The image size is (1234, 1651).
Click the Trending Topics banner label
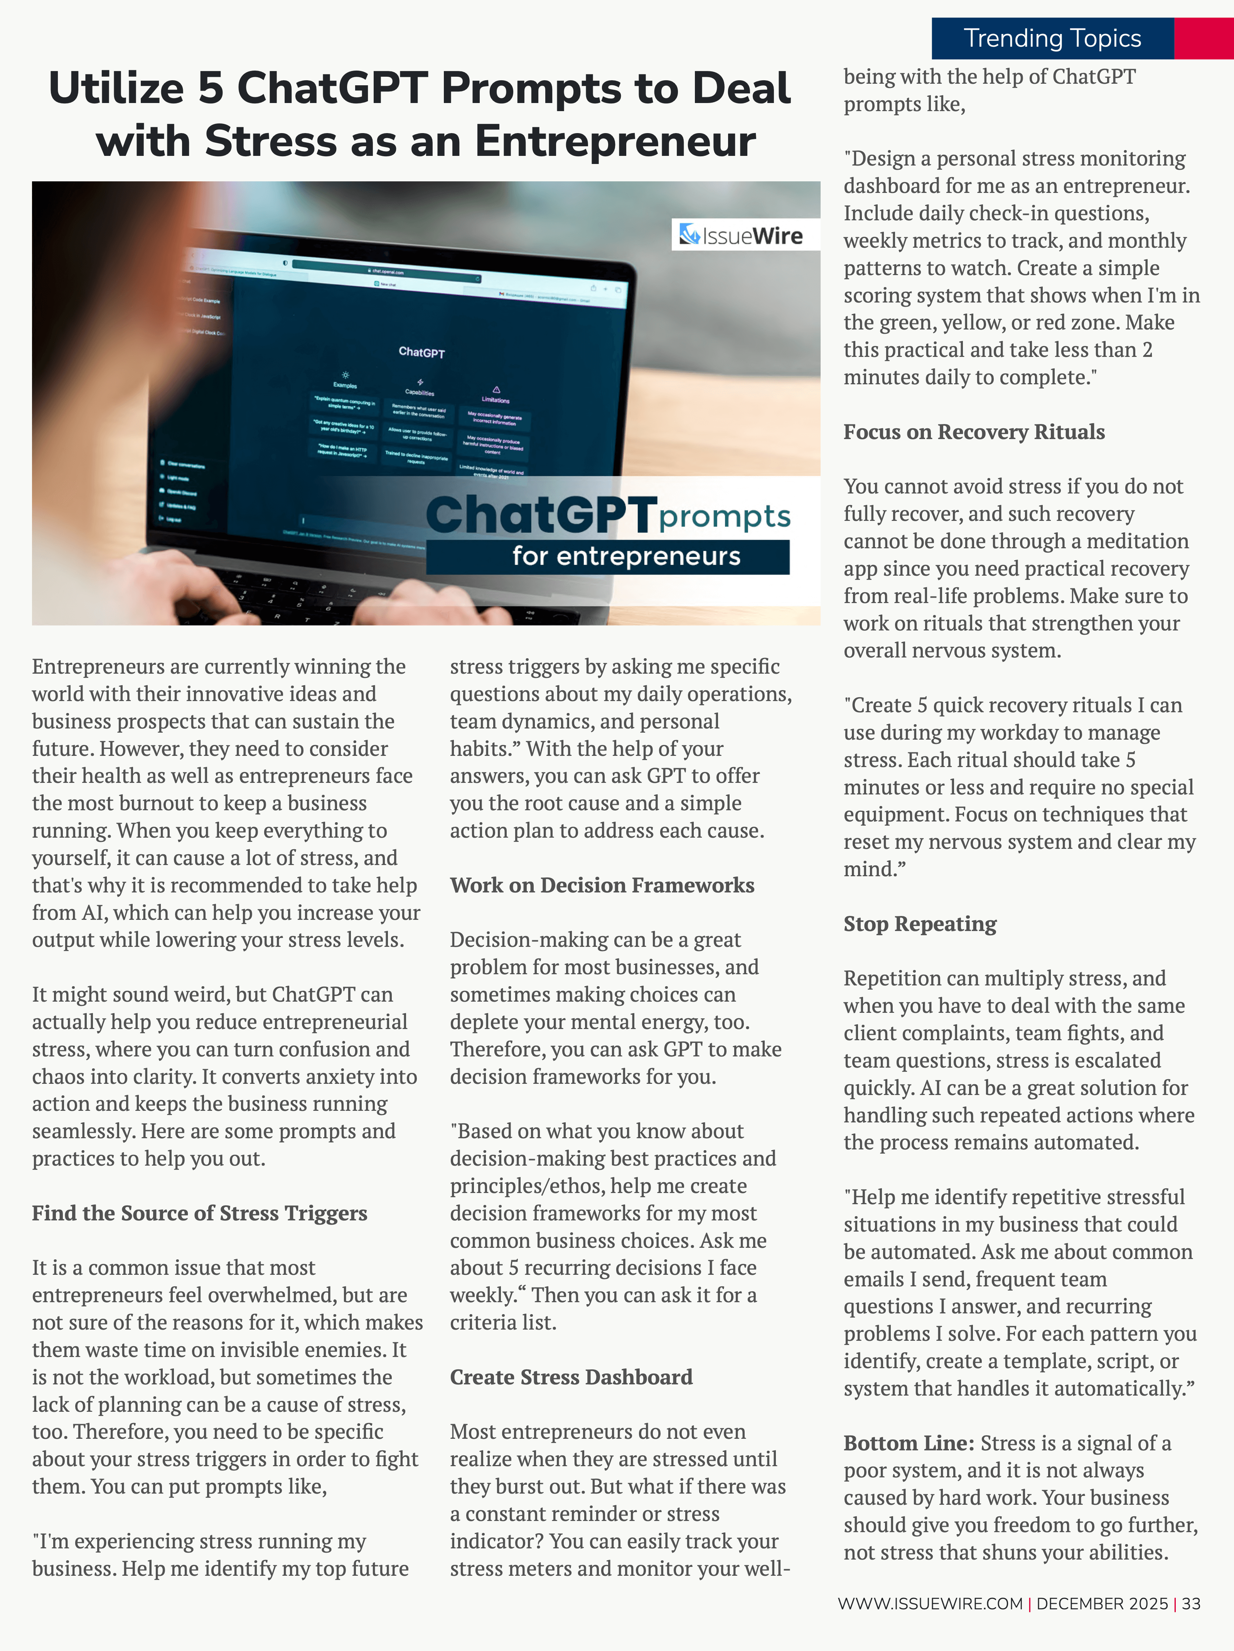click(1052, 38)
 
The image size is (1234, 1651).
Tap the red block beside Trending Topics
click(1204, 38)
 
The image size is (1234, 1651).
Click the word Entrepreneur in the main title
click(615, 141)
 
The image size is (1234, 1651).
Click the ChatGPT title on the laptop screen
click(421, 351)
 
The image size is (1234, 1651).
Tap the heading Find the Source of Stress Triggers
click(199, 1213)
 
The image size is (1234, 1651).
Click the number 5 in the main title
click(211, 88)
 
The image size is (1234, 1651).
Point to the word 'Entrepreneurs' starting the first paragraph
click(97, 666)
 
